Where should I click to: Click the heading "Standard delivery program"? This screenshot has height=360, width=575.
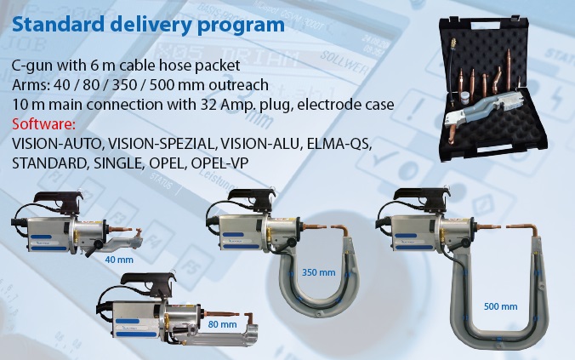[x=148, y=24]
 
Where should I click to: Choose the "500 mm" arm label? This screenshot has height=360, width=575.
[x=500, y=306]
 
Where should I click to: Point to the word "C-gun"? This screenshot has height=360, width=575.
[x=32, y=66]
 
